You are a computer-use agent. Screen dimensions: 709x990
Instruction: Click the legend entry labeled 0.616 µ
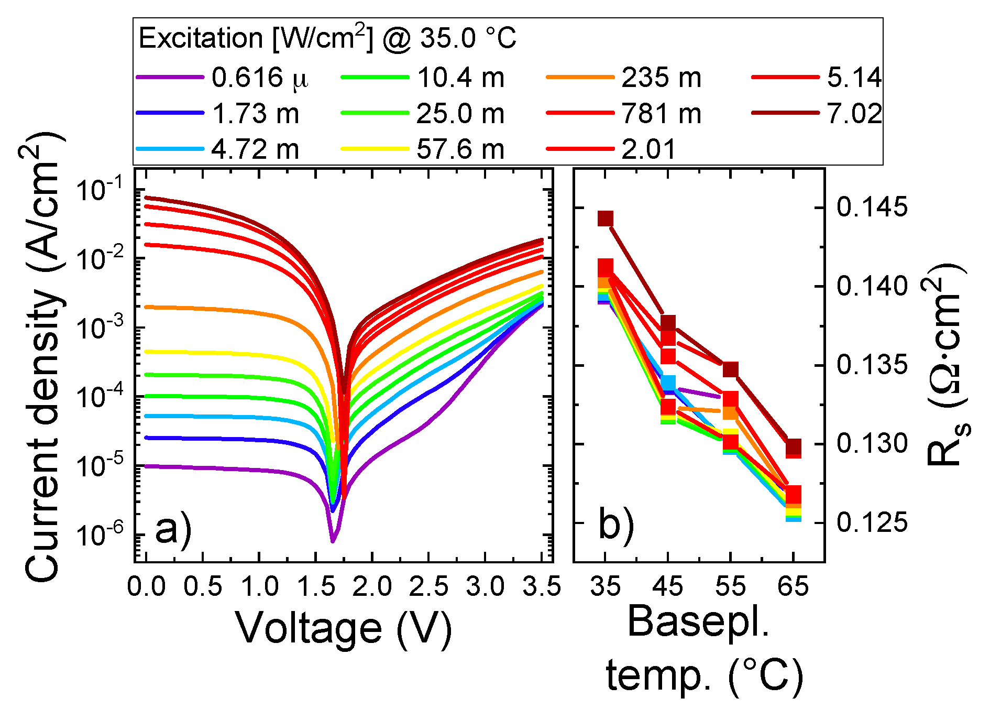tap(260, 78)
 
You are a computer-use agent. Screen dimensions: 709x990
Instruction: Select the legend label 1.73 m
tap(255, 114)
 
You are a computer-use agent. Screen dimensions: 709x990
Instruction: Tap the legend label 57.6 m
tap(460, 149)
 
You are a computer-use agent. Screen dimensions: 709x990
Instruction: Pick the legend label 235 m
tap(661, 78)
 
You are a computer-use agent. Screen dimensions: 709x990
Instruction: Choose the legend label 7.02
tap(854, 114)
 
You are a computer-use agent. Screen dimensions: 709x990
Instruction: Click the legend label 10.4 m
tap(460, 78)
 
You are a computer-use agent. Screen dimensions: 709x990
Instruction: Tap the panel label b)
tap(616, 524)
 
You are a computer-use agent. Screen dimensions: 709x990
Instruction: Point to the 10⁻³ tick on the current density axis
tap(100, 328)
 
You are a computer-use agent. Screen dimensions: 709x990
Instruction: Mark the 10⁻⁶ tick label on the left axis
tap(100, 535)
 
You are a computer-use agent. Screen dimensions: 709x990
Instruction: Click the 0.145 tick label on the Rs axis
tap(872, 207)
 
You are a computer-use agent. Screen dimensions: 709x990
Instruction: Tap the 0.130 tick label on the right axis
tap(872, 443)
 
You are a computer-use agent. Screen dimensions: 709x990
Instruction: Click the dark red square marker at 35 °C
tap(606, 219)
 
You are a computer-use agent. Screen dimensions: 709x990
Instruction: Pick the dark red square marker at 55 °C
tap(731, 369)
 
